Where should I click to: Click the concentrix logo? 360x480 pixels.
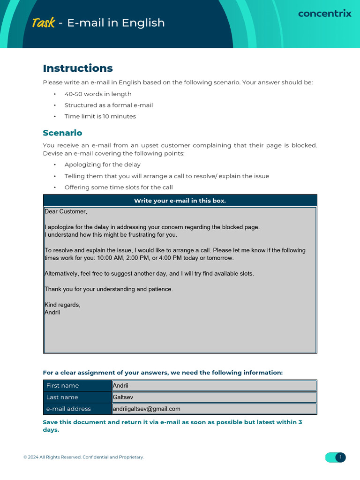point(324,14)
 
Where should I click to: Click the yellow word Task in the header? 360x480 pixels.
point(43,22)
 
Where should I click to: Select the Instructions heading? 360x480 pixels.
point(78,68)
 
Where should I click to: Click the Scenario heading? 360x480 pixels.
point(62,133)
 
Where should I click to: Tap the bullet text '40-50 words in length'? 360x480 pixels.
point(98,94)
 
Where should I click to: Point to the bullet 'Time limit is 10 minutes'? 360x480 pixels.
point(100,116)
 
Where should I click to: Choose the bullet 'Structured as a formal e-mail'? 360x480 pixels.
point(109,105)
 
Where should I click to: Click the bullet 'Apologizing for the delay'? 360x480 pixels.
point(102,165)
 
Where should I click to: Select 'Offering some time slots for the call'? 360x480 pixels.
point(119,187)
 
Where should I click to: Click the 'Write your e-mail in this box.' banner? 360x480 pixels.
point(180,201)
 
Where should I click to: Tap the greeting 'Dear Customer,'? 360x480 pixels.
point(66,211)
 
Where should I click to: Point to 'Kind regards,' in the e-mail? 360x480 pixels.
point(62,305)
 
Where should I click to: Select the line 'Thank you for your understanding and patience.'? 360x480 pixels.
point(109,289)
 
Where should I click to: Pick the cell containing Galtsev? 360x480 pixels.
point(214,397)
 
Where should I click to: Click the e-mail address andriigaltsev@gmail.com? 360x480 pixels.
point(146,409)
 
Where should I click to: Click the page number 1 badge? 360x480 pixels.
point(340,457)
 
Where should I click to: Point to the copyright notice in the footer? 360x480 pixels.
point(83,457)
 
